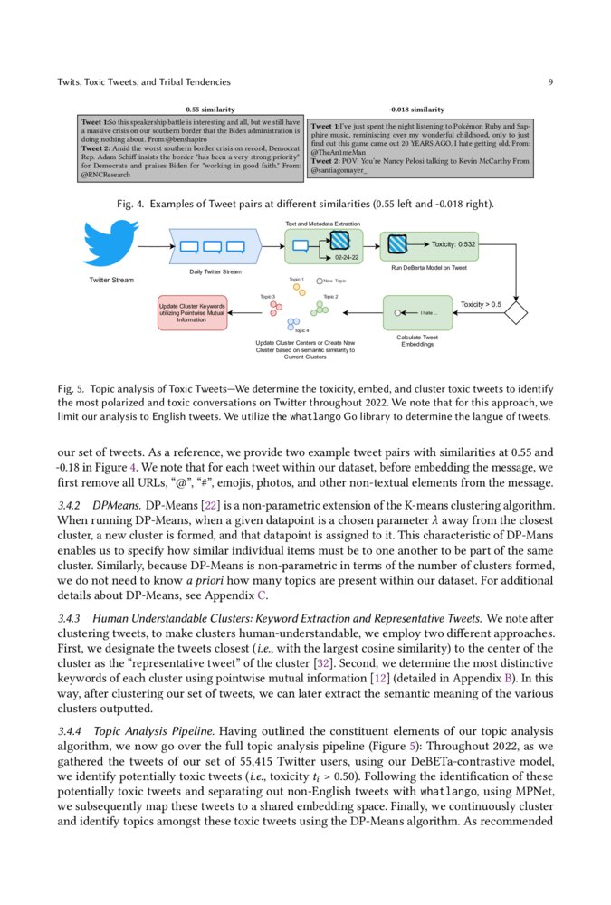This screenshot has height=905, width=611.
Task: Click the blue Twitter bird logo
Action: pos(111,243)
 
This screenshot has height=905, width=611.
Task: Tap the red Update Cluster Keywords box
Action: pos(192,312)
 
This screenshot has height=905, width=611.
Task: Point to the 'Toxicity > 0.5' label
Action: pos(481,304)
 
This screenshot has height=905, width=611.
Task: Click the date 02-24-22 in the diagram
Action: pos(347,258)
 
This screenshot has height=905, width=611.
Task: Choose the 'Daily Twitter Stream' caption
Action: pos(215,271)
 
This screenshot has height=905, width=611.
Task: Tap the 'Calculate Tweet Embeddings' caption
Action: pos(417,341)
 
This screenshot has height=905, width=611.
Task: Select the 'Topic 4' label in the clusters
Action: pos(301,331)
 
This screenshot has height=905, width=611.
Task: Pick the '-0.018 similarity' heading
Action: pos(415,109)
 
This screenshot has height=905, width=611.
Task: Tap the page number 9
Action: pos(550,82)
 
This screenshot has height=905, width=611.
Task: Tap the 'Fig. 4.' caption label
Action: pos(132,204)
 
